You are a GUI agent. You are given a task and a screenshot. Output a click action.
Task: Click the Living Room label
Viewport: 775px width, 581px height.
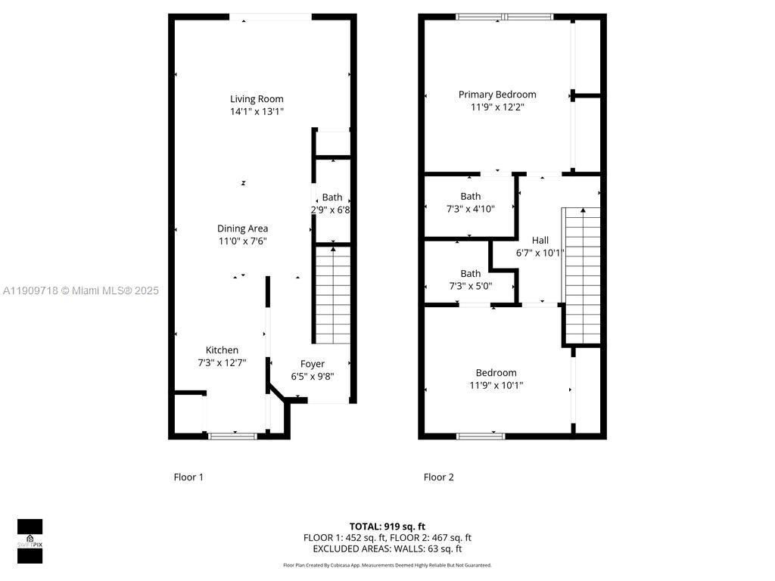click(257, 99)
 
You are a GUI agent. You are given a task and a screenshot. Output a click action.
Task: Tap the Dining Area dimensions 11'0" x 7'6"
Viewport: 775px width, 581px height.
click(242, 241)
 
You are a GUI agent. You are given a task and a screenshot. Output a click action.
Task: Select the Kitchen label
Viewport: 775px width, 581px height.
click(222, 350)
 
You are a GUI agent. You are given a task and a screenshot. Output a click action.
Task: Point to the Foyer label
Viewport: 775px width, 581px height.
click(312, 364)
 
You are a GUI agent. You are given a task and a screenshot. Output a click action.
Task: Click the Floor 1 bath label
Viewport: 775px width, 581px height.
click(331, 197)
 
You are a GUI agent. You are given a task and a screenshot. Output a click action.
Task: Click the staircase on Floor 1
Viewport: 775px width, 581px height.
click(332, 295)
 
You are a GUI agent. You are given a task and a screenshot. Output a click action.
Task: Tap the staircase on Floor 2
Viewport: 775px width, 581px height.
click(581, 276)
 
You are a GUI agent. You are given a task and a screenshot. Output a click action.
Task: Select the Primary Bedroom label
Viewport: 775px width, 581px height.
click(497, 95)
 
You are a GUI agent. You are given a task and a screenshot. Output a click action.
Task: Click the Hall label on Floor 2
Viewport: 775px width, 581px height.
click(540, 241)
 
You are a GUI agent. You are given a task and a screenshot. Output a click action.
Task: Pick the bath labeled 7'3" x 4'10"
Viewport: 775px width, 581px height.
click(470, 202)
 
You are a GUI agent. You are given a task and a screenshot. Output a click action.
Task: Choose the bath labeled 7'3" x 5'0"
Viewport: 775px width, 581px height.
click(470, 279)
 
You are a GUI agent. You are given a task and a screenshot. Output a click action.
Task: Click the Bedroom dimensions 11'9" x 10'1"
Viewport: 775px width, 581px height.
click(496, 385)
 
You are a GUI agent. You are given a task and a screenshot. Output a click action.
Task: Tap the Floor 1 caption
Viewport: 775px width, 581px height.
click(188, 477)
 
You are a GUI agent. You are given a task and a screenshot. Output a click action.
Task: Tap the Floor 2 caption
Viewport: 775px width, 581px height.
click(438, 477)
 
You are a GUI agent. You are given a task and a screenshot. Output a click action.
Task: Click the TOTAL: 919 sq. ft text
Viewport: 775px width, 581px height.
click(387, 527)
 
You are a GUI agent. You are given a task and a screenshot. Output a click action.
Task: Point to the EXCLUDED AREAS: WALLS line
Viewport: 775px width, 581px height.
click(387, 549)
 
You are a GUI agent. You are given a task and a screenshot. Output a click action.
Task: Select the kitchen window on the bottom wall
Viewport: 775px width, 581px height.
click(232, 435)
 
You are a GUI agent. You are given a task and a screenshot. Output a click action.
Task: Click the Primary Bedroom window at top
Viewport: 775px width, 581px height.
click(504, 17)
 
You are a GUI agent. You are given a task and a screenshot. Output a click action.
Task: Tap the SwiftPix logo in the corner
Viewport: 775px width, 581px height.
click(30, 542)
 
